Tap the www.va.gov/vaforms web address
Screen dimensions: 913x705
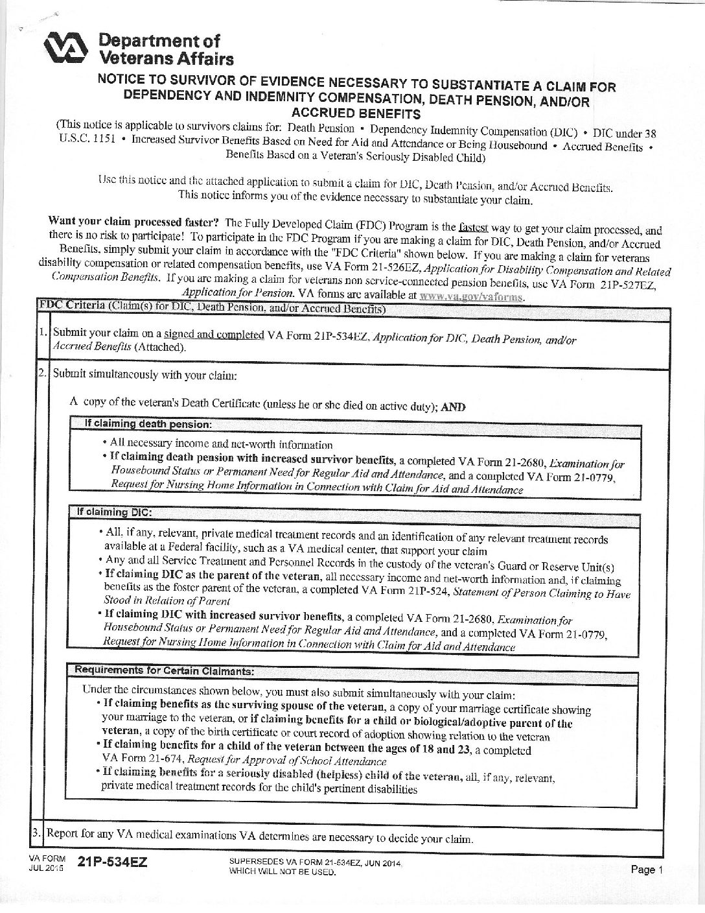471,296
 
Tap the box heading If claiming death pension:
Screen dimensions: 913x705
148,424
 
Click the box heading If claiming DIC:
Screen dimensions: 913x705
114,512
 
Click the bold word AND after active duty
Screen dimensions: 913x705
454,407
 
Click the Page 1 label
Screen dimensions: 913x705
647,870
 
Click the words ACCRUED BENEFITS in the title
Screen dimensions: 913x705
356,114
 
